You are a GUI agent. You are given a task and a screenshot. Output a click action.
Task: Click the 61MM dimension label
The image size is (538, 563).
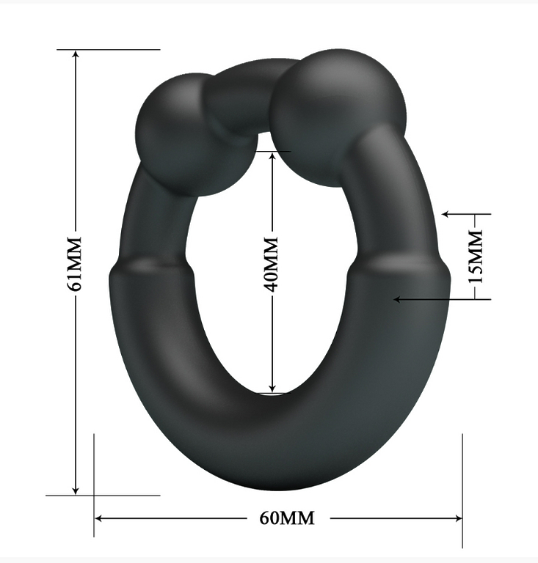coord(75,264)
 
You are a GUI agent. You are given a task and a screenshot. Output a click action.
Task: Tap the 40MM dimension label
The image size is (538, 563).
coord(271,264)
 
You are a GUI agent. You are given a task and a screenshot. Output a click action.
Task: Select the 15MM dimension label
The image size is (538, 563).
coord(476,257)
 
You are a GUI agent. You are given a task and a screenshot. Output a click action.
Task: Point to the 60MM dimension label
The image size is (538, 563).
coord(287,518)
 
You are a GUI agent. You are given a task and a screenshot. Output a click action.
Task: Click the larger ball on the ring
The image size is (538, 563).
coord(338,117)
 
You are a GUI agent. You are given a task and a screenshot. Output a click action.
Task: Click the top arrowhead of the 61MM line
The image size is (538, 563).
coord(76,54)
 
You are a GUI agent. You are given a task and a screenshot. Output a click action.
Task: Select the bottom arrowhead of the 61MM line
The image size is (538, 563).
coord(76,490)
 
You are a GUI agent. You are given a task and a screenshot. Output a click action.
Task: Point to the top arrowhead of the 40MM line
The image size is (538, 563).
coord(272,156)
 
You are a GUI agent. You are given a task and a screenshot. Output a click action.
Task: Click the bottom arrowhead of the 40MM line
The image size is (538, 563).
coord(272,388)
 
